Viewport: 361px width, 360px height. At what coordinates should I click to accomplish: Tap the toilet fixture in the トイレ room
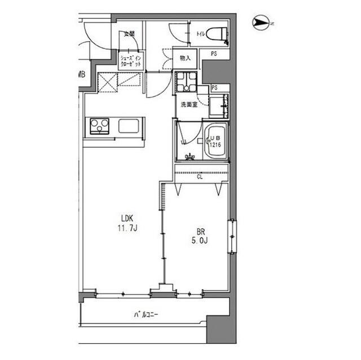tap(217, 34)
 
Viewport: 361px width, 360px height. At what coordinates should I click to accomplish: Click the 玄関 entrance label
tap(129, 34)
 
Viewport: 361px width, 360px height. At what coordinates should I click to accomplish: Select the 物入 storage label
tap(186, 57)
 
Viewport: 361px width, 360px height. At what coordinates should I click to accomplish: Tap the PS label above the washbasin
tap(214, 88)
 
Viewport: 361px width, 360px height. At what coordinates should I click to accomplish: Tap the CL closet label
tap(200, 177)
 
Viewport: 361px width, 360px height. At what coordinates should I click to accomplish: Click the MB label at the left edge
tap(82, 74)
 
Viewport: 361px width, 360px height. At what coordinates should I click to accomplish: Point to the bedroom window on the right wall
tap(232, 237)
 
